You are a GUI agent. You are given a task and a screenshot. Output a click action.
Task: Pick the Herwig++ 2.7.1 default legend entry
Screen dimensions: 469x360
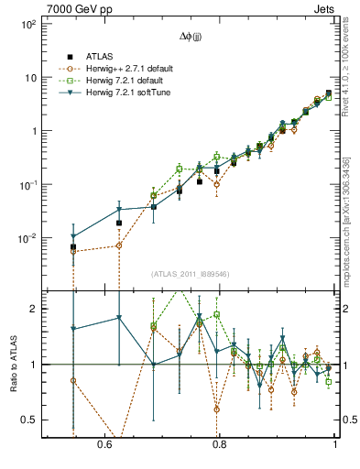[x=125, y=68]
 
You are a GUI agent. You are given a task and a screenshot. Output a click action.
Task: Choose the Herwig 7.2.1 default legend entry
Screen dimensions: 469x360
[x=122, y=80]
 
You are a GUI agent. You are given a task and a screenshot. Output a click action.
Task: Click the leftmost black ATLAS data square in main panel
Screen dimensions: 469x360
[x=73, y=247]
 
